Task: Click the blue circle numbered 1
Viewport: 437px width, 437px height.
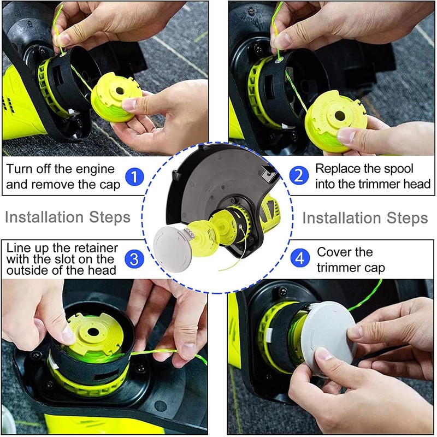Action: [134, 177]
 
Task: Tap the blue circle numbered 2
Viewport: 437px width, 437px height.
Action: [299, 176]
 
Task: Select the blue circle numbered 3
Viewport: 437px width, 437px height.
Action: [134, 259]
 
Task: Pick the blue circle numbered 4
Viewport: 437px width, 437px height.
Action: [300, 258]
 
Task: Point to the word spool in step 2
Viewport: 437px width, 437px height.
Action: [399, 169]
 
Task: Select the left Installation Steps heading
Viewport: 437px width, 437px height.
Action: [68, 217]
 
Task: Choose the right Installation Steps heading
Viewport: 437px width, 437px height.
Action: [365, 218]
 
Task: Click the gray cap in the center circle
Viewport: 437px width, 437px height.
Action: [171, 250]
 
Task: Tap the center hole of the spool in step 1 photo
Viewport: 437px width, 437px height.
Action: [120, 91]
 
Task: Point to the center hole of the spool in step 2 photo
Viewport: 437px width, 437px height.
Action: [340, 116]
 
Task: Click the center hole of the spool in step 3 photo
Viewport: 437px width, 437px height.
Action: [93, 332]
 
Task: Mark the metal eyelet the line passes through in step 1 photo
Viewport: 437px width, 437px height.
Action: [63, 54]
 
